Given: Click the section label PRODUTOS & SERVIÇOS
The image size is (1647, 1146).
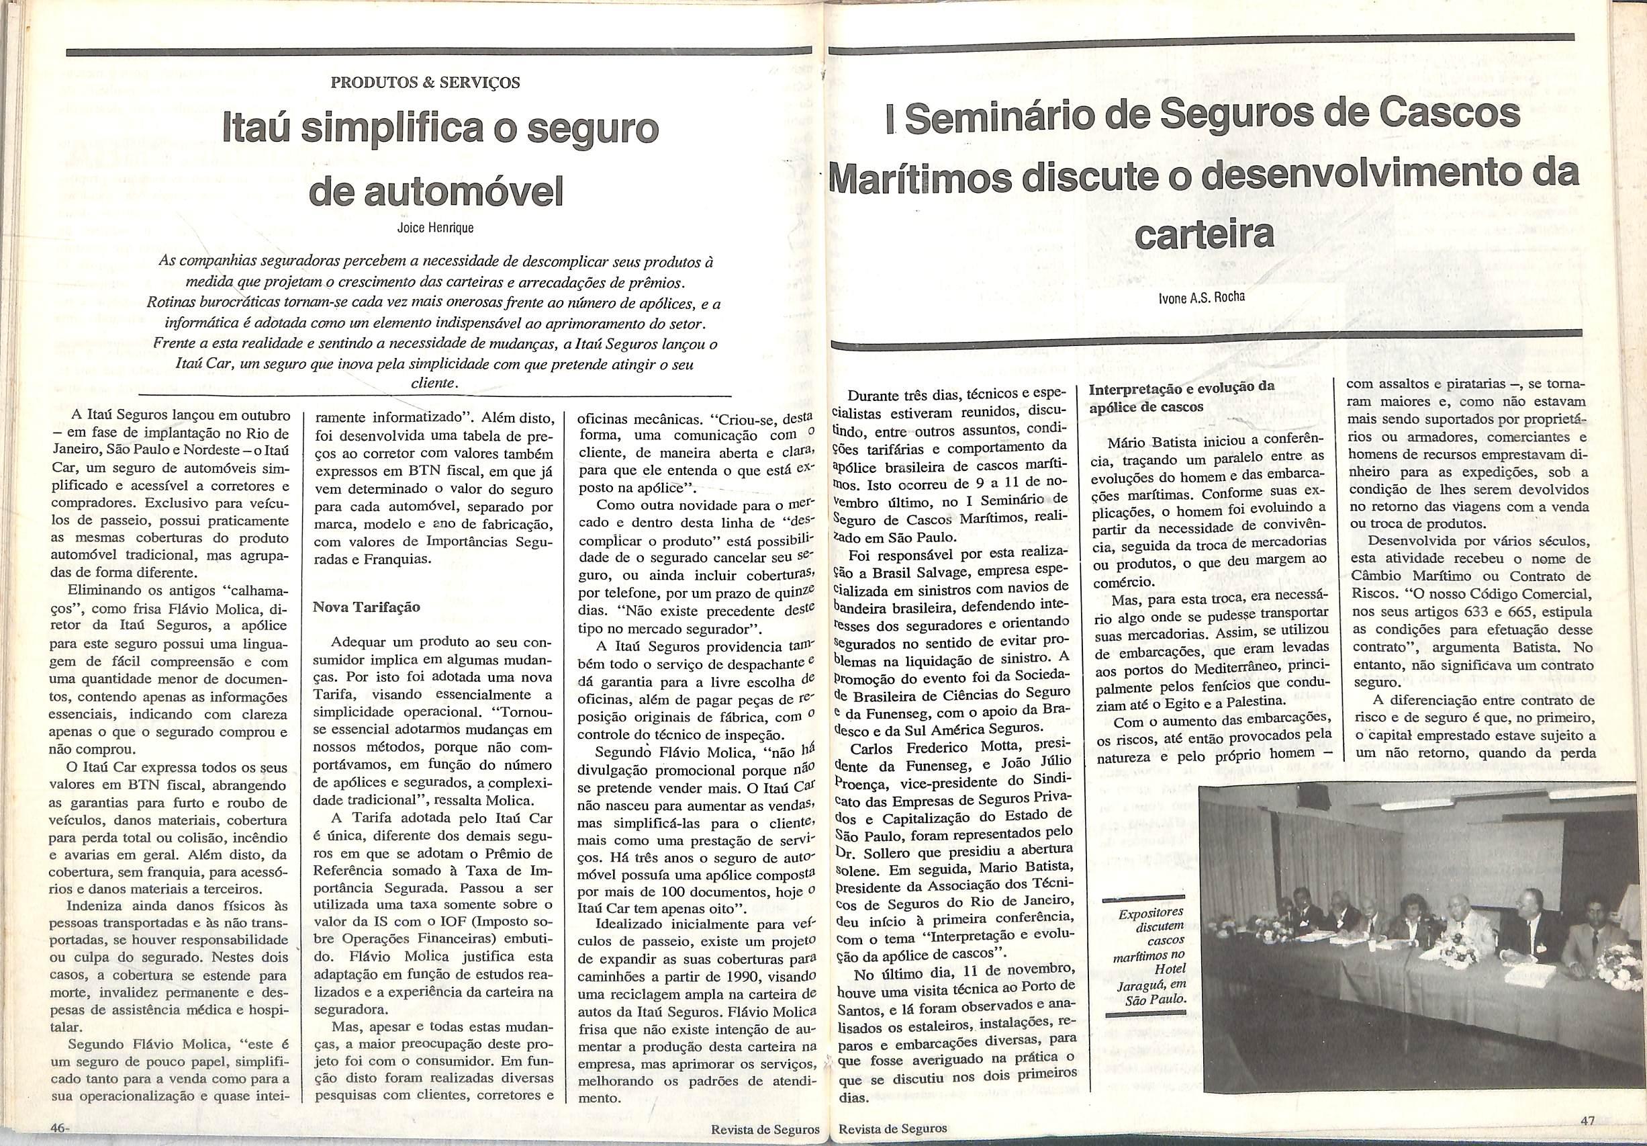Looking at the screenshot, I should pos(426,82).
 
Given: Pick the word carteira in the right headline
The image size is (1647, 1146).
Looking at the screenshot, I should pos(1206,235).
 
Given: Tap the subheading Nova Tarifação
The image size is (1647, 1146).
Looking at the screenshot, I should pos(366,607).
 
